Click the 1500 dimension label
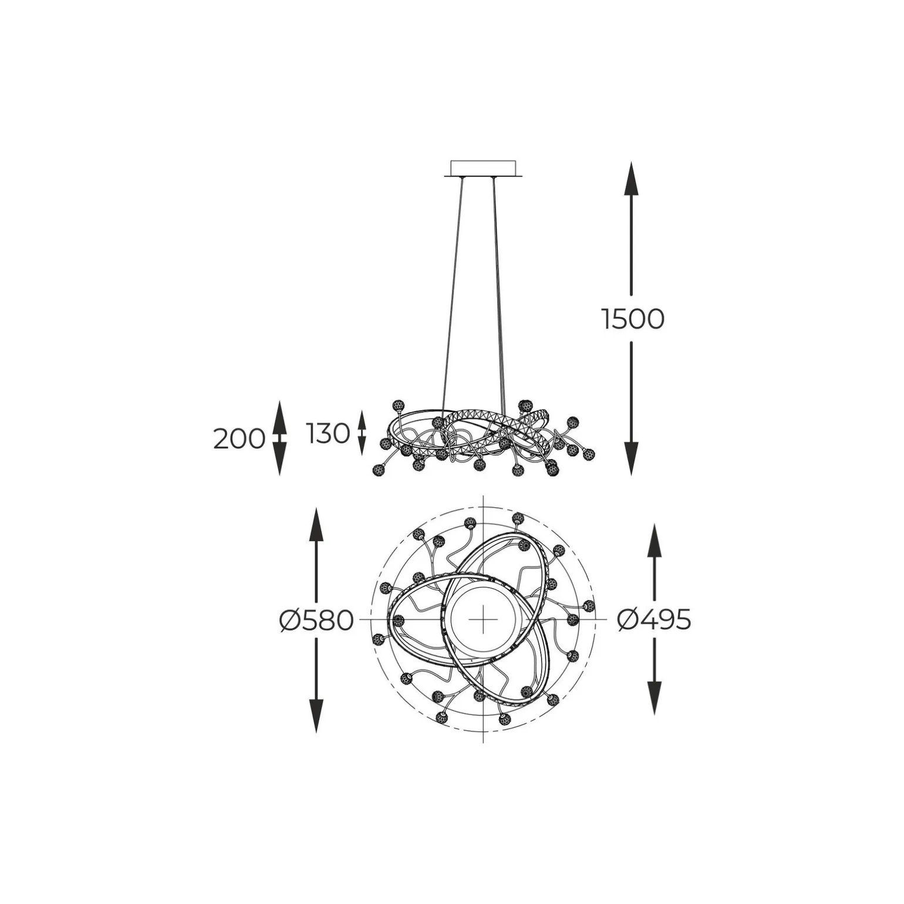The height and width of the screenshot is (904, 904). [x=633, y=319]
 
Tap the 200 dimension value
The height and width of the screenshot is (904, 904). [x=239, y=438]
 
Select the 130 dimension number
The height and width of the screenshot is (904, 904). [x=328, y=434]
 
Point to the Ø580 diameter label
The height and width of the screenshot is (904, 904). [x=316, y=620]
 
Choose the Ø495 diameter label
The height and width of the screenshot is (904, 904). [x=655, y=619]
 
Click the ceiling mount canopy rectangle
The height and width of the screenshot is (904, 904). [x=483, y=168]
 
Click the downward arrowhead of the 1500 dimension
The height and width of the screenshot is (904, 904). [x=631, y=458]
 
